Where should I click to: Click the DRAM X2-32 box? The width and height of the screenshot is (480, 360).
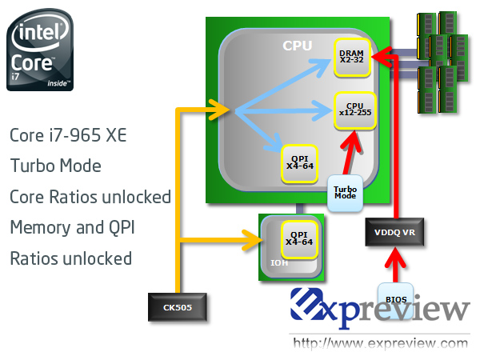(352, 58)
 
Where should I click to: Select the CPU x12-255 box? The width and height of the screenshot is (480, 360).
(354, 110)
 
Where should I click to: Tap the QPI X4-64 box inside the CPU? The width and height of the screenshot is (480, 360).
(299, 164)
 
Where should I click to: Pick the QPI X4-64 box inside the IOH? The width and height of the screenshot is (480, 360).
(299, 239)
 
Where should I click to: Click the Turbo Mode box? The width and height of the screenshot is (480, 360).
(345, 193)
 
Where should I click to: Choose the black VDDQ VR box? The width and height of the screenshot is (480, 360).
(394, 232)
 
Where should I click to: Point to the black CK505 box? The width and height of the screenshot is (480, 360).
(178, 307)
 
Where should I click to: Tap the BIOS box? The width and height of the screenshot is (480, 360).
(396, 300)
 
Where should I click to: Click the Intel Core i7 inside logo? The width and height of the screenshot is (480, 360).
(40, 50)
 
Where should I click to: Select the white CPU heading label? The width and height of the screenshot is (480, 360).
(298, 46)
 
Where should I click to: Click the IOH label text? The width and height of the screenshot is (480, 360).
(279, 263)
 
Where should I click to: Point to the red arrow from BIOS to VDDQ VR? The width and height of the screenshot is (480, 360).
(395, 265)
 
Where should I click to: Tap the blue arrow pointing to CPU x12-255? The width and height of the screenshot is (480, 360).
(284, 110)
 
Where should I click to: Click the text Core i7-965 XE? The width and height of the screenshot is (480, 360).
(68, 135)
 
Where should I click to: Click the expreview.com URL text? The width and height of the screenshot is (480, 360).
(380, 343)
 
